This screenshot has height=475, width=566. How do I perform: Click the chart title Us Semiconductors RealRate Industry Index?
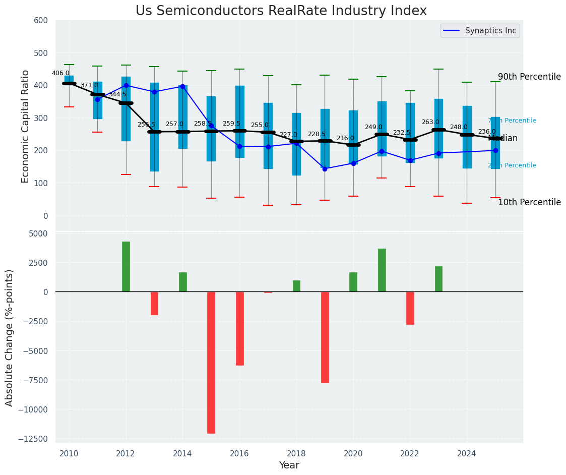coord(281,11)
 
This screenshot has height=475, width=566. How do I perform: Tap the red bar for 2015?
coord(211,362)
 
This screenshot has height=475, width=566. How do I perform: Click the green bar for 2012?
coord(126,266)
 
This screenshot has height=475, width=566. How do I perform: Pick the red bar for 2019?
coord(325,337)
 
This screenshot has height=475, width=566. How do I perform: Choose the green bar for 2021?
coord(382,270)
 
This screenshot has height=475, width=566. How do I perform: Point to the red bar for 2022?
coord(410,308)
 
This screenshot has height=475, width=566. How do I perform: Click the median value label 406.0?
coord(60,73)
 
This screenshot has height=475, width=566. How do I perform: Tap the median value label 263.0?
coord(430,122)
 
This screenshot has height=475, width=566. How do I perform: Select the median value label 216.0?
coord(345,138)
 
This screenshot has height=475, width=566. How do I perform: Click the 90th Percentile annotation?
coord(529,77)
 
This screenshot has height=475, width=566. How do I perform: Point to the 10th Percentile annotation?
coord(529,203)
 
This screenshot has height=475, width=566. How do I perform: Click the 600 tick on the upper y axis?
coord(41,21)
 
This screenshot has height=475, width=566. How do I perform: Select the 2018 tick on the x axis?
coord(296,454)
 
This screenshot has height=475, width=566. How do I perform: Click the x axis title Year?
coord(289,465)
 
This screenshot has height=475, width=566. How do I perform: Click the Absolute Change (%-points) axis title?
coord(10,337)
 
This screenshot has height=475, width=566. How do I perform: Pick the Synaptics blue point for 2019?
coord(325,169)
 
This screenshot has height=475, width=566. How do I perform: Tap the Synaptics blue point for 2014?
coord(182,86)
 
